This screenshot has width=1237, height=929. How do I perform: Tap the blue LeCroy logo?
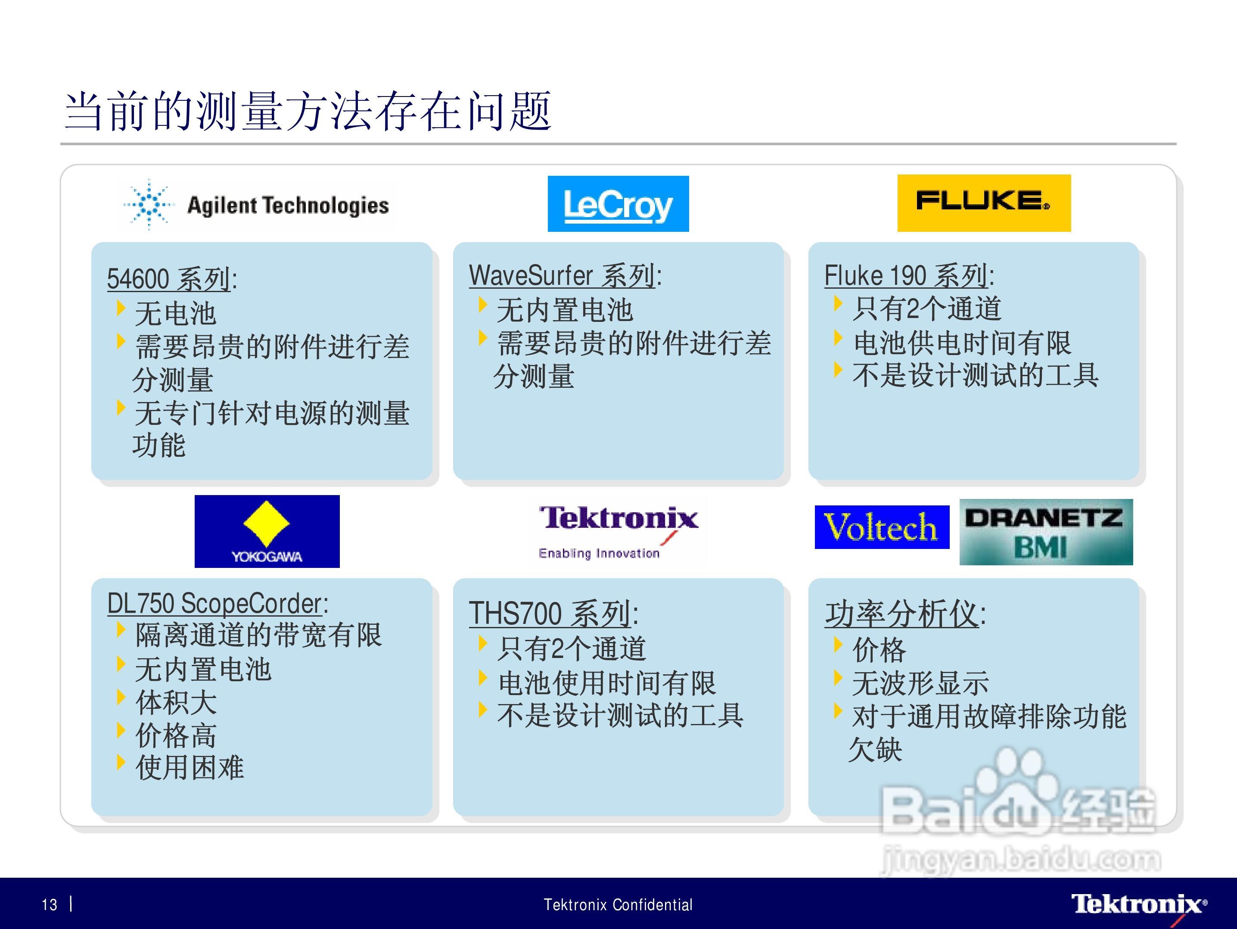(x=618, y=203)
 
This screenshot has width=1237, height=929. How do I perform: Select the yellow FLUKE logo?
(x=984, y=203)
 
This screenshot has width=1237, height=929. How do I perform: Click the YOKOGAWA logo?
(x=267, y=531)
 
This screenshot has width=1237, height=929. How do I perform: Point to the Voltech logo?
(x=882, y=527)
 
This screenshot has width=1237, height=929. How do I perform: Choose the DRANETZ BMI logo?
(x=1046, y=532)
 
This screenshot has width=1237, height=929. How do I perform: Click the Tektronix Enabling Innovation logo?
(x=618, y=532)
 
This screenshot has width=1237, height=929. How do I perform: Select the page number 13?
(x=50, y=904)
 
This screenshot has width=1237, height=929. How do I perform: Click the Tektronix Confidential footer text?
(x=618, y=904)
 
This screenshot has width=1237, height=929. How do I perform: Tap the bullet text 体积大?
(x=176, y=702)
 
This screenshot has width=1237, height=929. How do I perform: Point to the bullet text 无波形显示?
(x=920, y=683)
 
